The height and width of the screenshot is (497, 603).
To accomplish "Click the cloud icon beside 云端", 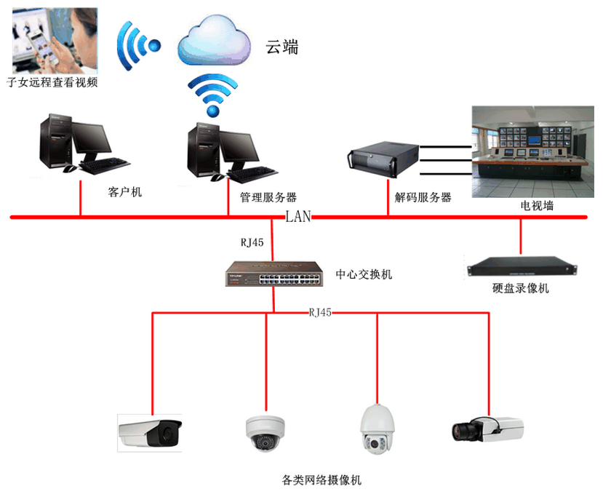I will click(x=214, y=44).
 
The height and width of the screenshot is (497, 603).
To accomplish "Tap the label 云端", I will click(x=281, y=47).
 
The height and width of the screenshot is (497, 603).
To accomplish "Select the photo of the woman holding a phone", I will click(x=55, y=40).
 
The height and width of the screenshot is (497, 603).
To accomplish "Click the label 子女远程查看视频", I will click(x=52, y=83).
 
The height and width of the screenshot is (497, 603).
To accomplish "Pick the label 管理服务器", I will click(x=268, y=197).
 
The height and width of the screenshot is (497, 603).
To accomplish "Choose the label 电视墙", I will click(x=537, y=206).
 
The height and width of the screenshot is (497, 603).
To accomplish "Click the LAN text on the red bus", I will click(x=298, y=216).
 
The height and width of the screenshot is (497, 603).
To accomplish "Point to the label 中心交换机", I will click(x=364, y=274).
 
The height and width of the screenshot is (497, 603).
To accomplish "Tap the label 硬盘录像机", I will click(x=520, y=288).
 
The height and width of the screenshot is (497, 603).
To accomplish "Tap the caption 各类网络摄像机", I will click(x=321, y=480).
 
